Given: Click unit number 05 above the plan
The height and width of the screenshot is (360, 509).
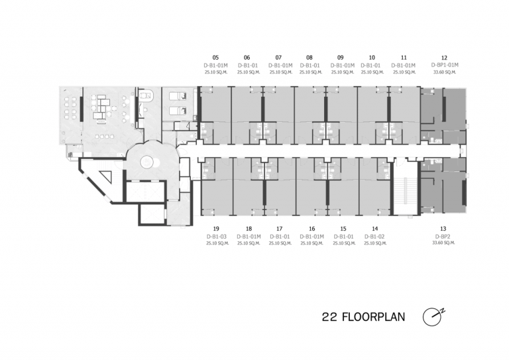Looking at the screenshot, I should click(215, 58).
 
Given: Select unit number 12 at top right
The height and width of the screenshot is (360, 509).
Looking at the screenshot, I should click(444, 58).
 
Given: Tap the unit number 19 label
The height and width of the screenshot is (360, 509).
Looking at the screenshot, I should click(216, 228).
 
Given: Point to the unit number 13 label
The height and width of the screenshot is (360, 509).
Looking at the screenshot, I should click(443, 228).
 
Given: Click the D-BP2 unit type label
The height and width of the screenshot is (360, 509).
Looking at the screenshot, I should click(443, 236).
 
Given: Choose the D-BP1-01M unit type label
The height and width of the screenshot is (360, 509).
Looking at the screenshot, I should click(444, 65).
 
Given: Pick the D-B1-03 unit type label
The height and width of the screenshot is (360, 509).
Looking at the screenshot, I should click(216, 236).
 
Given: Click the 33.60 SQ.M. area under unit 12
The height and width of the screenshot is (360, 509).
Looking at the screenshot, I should click(444, 72).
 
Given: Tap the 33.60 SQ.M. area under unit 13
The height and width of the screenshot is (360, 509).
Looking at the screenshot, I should click(443, 243).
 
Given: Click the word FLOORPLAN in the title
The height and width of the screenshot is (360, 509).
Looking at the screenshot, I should click(374, 317).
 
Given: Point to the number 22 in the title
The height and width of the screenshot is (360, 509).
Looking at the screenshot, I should click(329, 317).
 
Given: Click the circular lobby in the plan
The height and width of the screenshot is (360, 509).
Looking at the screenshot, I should click(146, 160).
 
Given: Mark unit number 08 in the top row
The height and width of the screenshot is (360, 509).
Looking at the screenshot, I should click(310, 58).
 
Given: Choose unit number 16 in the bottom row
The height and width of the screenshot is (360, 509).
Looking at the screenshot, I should click(310, 228).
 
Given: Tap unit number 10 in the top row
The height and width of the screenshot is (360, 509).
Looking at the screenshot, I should click(372, 58).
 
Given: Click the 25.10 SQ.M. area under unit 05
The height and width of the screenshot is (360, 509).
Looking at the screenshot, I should click(215, 72).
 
